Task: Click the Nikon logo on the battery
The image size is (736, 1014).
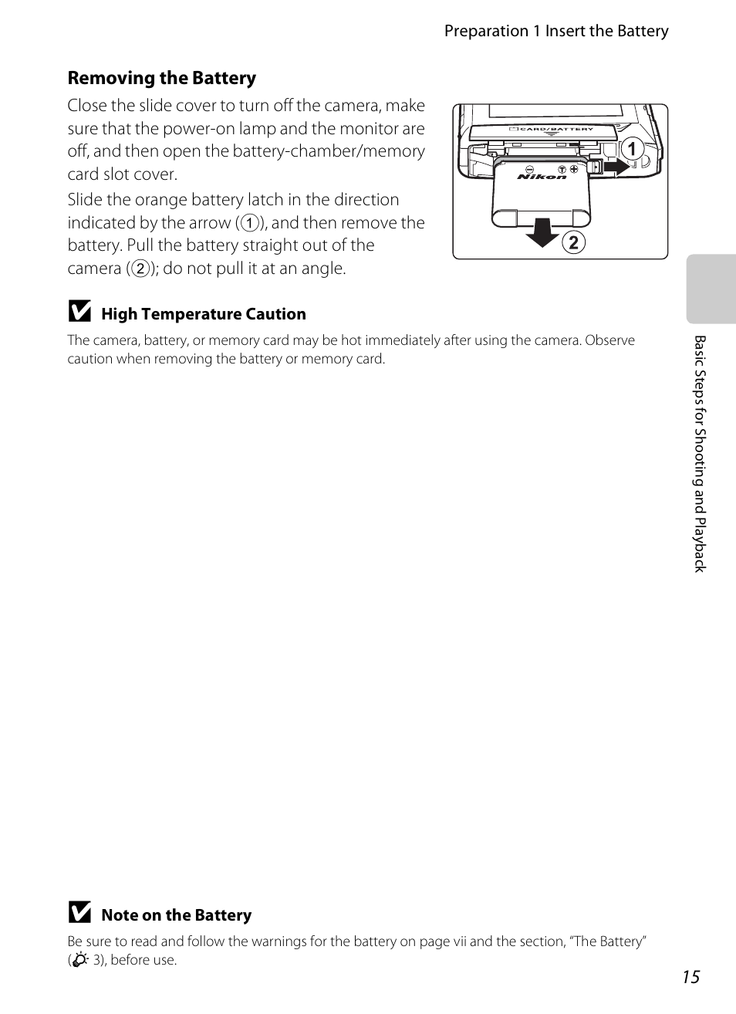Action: (x=542, y=177)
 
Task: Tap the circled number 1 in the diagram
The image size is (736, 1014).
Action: (x=632, y=149)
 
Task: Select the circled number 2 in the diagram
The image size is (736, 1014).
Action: (x=572, y=243)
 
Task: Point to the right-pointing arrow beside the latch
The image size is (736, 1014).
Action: (x=616, y=166)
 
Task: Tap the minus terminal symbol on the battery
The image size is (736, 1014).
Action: (x=529, y=169)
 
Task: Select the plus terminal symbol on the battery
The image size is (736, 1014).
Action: (x=574, y=168)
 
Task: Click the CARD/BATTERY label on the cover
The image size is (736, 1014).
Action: (x=555, y=130)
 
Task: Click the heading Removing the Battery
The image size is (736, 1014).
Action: (x=162, y=78)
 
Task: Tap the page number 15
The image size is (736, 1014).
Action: (x=690, y=977)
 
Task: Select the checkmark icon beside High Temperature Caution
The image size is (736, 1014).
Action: (x=79, y=313)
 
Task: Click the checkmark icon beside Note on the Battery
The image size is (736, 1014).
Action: (x=79, y=914)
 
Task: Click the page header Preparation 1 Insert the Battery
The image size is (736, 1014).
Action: (x=555, y=31)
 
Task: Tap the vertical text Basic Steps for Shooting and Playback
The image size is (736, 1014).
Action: (x=700, y=453)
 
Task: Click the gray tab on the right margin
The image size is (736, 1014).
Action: (x=711, y=289)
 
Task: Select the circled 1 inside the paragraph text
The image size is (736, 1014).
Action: (x=248, y=224)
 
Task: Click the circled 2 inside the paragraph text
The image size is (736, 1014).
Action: (x=140, y=269)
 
